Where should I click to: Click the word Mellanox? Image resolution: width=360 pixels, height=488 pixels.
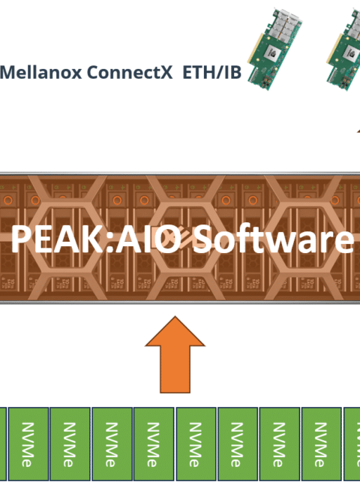tap(40, 72)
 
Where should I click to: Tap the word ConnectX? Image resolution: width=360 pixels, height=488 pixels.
tap(129, 72)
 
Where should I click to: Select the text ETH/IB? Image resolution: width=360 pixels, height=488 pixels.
tap(211, 72)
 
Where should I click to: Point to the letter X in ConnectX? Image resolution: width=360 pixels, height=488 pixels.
tap(166, 72)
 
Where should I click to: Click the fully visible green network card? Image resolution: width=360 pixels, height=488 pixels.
tap(274, 50)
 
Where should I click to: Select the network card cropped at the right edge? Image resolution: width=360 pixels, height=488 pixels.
tap(344, 50)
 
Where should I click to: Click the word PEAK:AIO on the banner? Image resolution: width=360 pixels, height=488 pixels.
tap(96, 239)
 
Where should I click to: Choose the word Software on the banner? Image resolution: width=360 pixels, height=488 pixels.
tap(273, 239)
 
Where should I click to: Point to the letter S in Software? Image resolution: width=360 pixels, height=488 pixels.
tap(202, 239)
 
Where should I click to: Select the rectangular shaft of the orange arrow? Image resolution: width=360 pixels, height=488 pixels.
tap(175, 369)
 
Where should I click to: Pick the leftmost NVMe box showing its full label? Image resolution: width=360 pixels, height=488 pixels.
tap(28, 444)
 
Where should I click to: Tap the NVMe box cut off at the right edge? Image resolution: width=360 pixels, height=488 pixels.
tap(352, 444)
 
